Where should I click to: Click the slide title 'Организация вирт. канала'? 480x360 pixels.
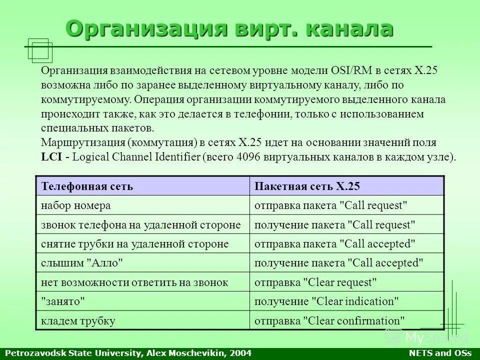point(229,28)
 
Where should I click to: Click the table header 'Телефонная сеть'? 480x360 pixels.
point(87,186)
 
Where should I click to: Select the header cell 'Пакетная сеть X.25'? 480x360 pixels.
point(307,186)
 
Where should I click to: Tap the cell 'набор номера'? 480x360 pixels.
point(75,205)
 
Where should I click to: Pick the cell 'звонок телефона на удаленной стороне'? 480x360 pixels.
point(141,225)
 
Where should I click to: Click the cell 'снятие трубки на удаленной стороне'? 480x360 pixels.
point(134,244)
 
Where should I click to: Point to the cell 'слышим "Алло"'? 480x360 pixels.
point(82,263)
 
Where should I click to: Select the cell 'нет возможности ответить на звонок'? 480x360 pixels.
point(134,282)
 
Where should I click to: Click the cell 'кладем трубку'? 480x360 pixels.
point(78,321)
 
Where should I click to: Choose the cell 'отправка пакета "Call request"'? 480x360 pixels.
point(331,205)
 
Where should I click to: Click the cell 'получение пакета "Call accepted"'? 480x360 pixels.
point(339,263)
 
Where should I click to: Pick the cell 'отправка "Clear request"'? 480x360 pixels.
point(315,282)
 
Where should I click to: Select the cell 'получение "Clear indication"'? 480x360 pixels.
point(326,301)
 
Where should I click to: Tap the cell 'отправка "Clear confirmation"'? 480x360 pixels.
point(329,321)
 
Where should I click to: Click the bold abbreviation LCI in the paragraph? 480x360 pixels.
point(51,157)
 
